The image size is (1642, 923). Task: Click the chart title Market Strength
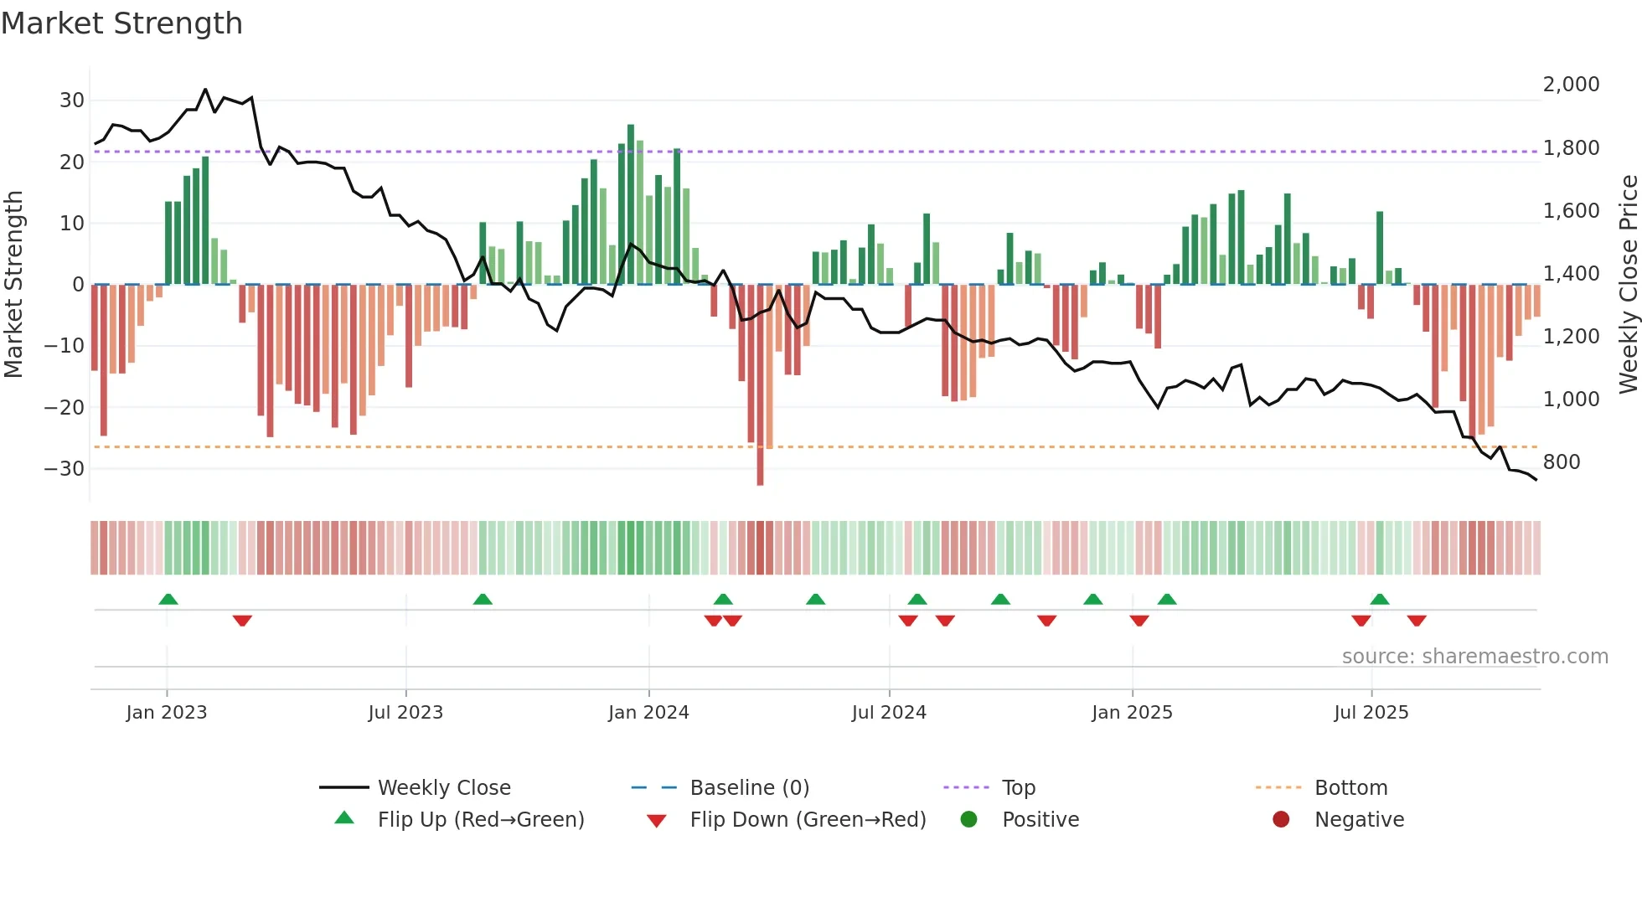(x=121, y=23)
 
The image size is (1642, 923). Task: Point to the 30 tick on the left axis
(x=72, y=101)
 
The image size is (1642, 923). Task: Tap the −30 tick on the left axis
(x=65, y=469)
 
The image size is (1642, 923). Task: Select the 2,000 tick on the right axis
(x=1571, y=85)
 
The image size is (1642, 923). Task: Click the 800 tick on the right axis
(x=1561, y=462)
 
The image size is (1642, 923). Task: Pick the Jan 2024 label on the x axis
(x=648, y=713)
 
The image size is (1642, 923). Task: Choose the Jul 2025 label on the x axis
(x=1371, y=713)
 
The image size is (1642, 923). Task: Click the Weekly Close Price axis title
(x=1628, y=285)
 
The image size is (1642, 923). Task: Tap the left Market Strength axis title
(x=13, y=285)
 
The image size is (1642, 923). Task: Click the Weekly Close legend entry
(x=443, y=788)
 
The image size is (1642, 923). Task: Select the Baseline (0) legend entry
(x=749, y=788)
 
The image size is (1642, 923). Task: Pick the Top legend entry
(x=1018, y=788)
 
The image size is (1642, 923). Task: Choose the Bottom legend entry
(x=1350, y=788)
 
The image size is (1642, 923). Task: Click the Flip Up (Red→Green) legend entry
(x=480, y=820)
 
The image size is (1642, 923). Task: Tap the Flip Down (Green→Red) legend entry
(x=808, y=820)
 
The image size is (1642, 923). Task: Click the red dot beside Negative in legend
(x=1281, y=820)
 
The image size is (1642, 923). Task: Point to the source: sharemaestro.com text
(x=1474, y=657)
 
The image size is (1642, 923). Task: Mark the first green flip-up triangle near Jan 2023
(x=168, y=599)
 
